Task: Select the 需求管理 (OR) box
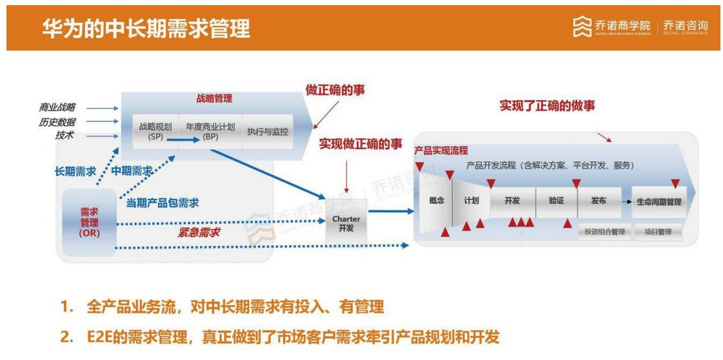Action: [x=89, y=223]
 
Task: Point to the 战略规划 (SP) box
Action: [x=155, y=131]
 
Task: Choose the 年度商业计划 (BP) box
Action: [x=210, y=131]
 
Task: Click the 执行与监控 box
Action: [x=268, y=131]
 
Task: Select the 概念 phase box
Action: [x=436, y=201]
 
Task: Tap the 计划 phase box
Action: [x=471, y=201]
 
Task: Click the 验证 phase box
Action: [x=556, y=201]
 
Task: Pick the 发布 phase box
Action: [x=599, y=201]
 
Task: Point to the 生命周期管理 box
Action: [x=659, y=202]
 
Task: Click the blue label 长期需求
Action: [x=75, y=172]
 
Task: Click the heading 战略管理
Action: [x=214, y=99]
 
